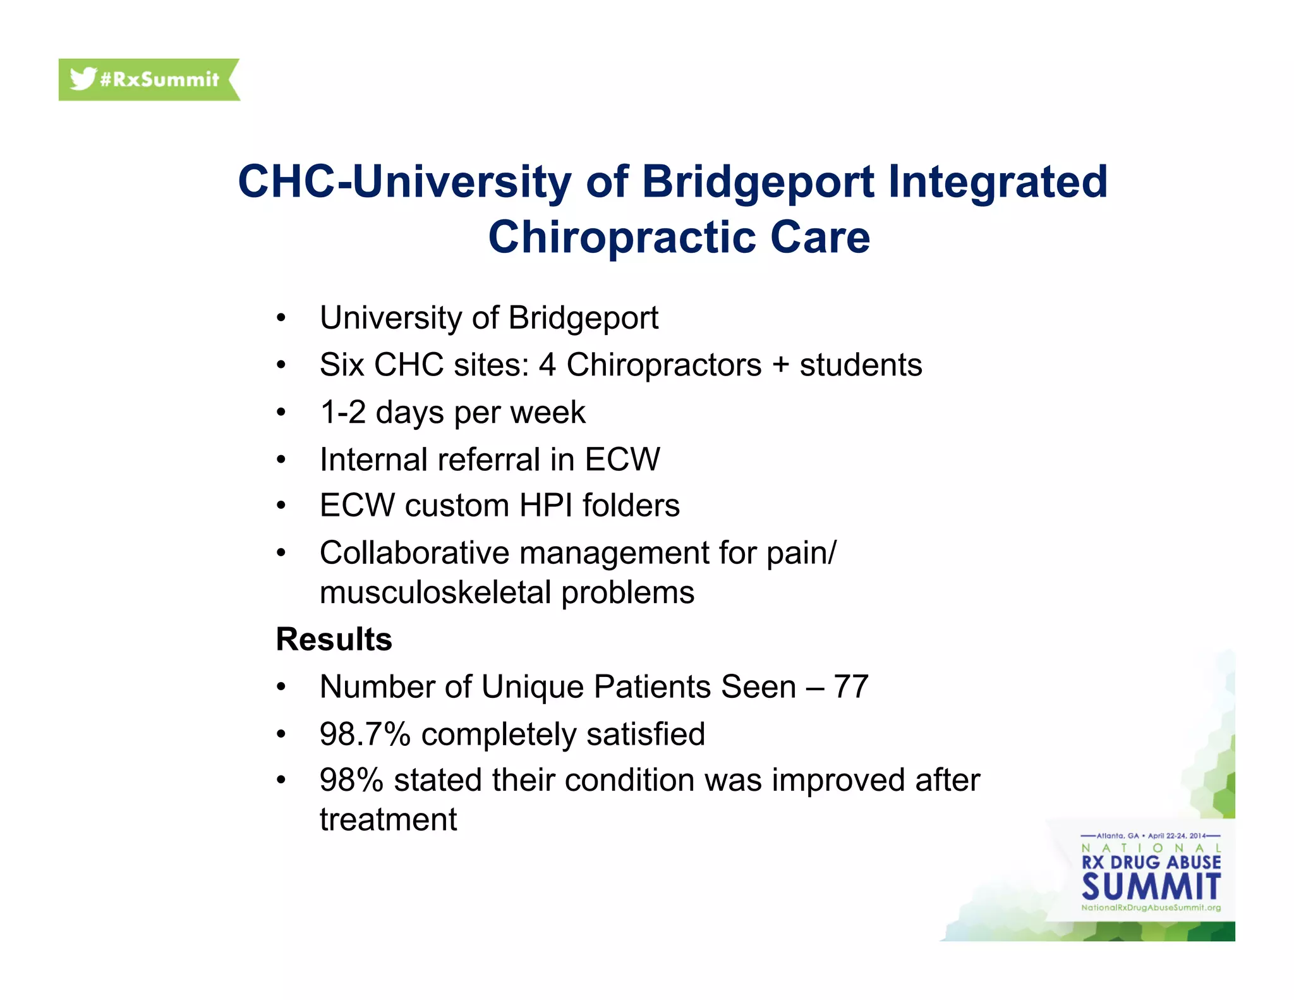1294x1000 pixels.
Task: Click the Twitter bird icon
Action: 82,78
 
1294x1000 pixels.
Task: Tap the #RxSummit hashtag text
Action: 159,80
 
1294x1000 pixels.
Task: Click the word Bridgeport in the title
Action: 758,182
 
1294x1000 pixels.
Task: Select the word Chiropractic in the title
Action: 621,238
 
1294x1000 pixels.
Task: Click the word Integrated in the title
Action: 998,182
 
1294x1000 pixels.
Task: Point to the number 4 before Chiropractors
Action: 547,365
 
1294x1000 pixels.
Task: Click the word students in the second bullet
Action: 861,365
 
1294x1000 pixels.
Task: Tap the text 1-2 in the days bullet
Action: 342,413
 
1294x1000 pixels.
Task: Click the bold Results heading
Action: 334,639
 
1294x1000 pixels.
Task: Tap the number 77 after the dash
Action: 850,686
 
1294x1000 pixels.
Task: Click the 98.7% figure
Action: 365,734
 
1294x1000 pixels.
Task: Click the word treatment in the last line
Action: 388,820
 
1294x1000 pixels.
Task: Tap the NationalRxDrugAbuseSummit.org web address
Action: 1151,908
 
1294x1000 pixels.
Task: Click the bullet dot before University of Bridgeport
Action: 281,318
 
